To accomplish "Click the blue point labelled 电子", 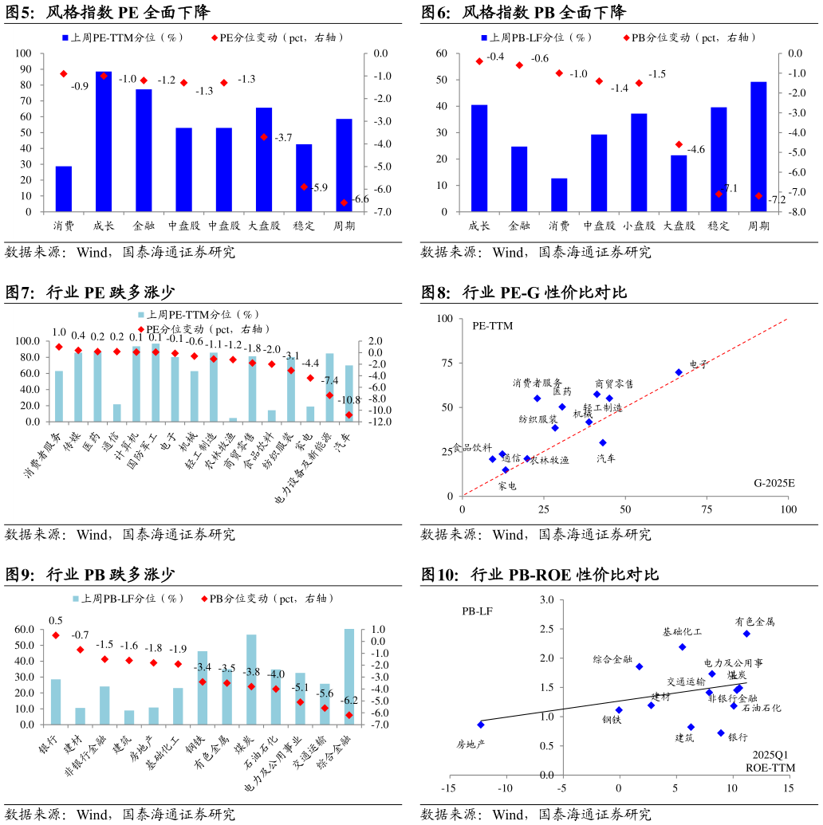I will pyautogui.click(x=679, y=372).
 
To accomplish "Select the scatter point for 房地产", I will pyautogui.click(x=481, y=725).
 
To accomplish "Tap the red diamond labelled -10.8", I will pyautogui.click(x=348, y=414).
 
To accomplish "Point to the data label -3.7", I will pyautogui.click(x=283, y=138).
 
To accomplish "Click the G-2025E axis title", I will pyautogui.click(x=776, y=483).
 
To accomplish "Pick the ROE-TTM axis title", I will pyautogui.click(x=770, y=768).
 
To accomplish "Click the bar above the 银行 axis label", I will pyautogui.click(x=56, y=701).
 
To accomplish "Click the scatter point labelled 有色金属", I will pyautogui.click(x=746, y=634).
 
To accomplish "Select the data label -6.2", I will pyautogui.click(x=348, y=701).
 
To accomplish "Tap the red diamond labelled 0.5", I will pyautogui.click(x=56, y=635).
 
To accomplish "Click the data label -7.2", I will pyautogui.click(x=777, y=200).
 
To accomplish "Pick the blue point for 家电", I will pyautogui.click(x=505, y=470).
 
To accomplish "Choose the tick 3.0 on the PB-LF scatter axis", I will pyautogui.click(x=546, y=599).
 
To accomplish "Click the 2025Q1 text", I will pyautogui.click(x=770, y=754).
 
